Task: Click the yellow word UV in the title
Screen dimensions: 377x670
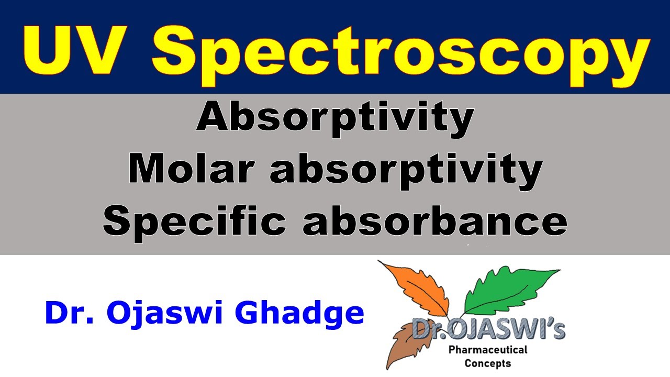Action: click(x=81, y=48)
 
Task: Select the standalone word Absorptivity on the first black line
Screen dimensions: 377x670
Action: click(x=335, y=118)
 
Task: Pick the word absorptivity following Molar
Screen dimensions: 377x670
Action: click(x=406, y=171)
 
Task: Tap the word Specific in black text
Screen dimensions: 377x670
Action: click(x=194, y=221)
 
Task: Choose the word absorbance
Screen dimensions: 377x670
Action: click(x=434, y=221)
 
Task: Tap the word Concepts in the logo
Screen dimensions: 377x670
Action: click(x=487, y=363)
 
